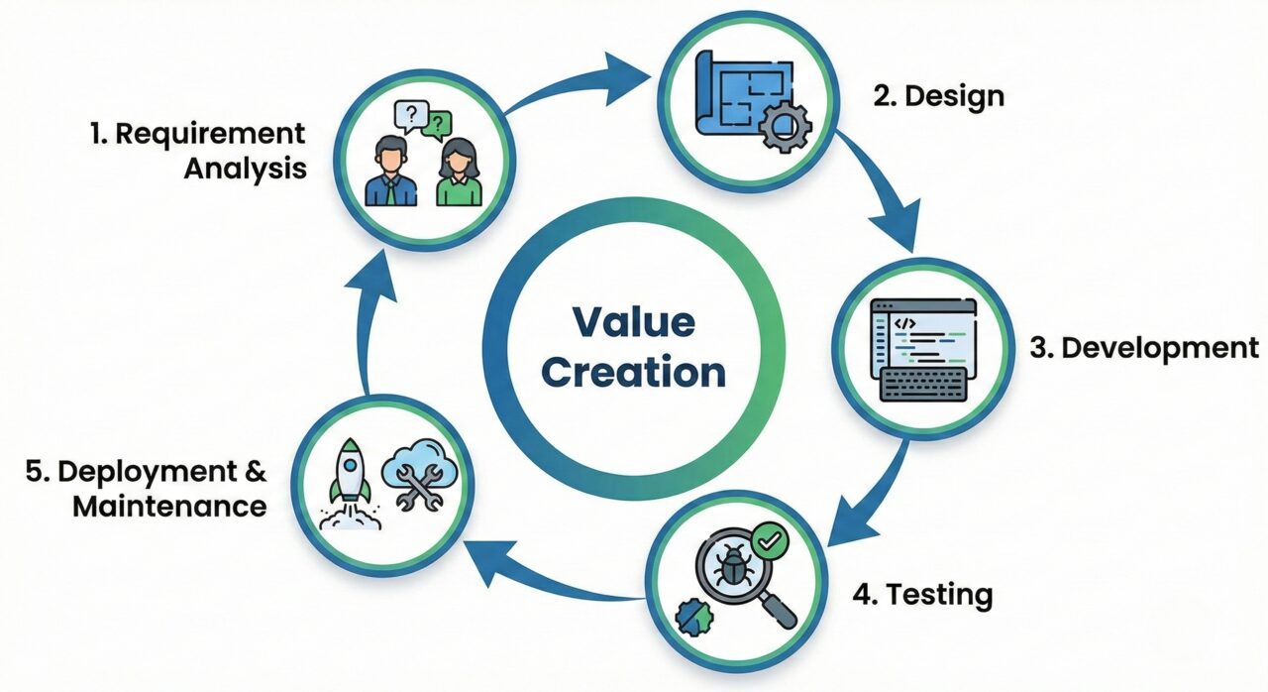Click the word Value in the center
633,323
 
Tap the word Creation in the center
634,374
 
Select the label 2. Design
938,96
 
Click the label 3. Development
1141,348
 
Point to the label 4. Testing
923,595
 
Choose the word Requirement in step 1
210,134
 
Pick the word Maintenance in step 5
169,506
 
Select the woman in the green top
459,175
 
